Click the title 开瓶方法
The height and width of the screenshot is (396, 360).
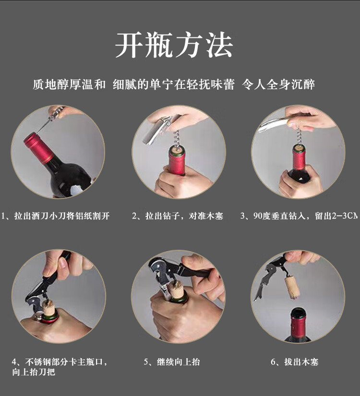click(174, 45)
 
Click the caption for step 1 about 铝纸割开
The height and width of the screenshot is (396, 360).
click(56, 216)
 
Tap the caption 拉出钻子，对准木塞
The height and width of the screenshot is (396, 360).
click(178, 216)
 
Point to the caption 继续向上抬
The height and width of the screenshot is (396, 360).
click(172, 362)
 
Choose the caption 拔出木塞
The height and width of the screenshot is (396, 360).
click(295, 362)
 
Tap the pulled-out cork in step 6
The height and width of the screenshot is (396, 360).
click(292, 288)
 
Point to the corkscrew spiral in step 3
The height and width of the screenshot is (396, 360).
click(299, 137)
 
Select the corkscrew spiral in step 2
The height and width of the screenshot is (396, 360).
click(177, 140)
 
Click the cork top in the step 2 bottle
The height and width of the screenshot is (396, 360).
click(177, 150)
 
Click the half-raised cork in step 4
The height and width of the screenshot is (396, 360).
click(48, 308)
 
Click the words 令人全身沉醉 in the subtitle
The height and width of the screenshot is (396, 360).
click(278, 84)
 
